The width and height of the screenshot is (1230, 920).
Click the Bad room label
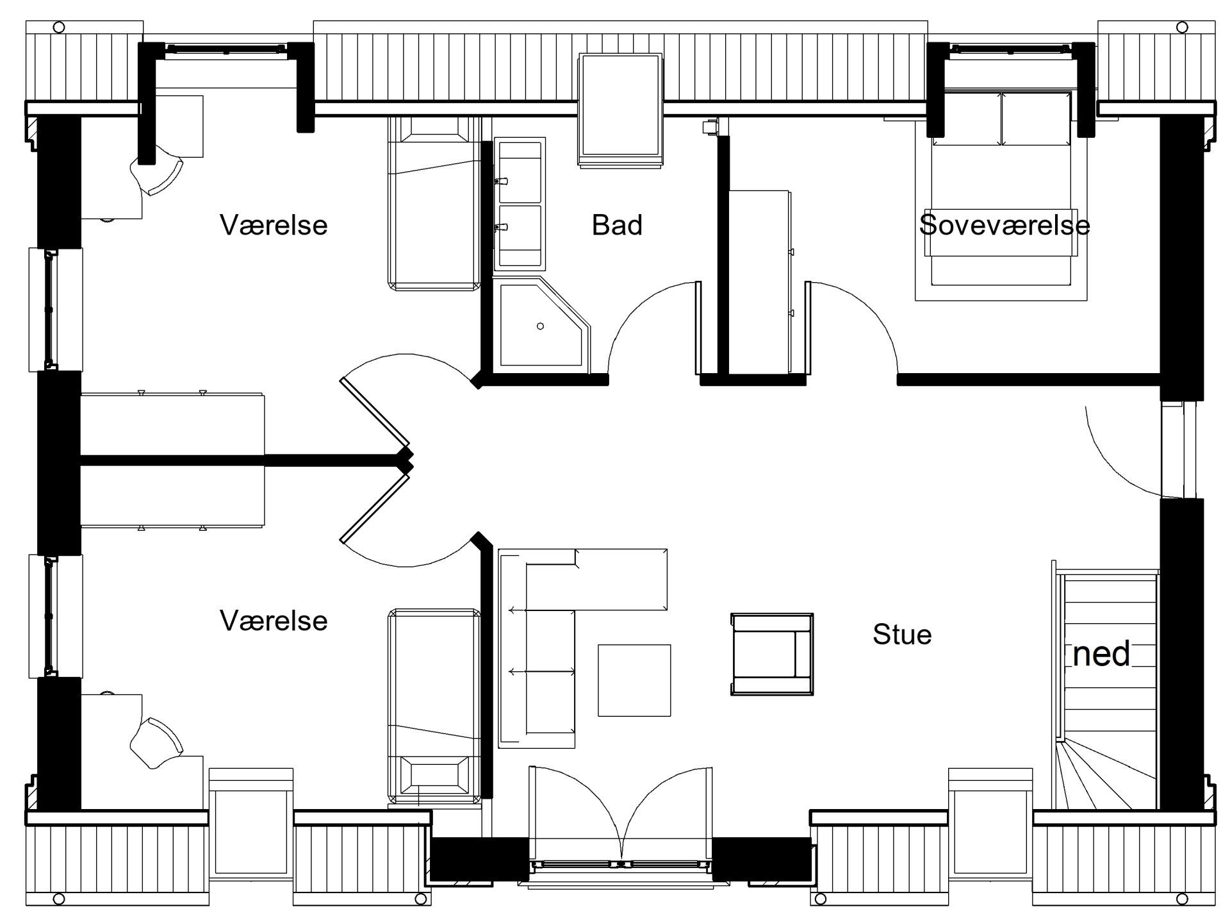pos(617,225)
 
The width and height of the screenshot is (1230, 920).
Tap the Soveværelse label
pos(1004,225)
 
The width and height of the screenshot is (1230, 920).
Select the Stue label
pos(902,634)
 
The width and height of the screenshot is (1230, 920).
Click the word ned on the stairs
pos(1101,654)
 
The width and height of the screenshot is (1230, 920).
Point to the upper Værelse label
pos(274,225)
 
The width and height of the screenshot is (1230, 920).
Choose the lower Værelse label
pos(274,621)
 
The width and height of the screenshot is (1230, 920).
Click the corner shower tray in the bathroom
pos(541,324)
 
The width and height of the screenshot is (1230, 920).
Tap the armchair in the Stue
pos(772,654)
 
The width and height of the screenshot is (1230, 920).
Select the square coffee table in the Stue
pos(634,680)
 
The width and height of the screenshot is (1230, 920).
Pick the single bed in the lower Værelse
pos(434,706)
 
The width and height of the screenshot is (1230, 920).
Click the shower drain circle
pos(540,326)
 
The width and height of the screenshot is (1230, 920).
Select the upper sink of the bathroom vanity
pos(520,170)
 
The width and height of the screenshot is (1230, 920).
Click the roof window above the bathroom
pos(620,111)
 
